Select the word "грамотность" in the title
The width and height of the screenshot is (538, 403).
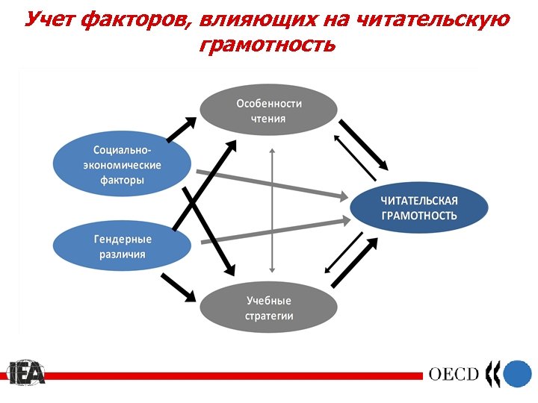pos(268,46)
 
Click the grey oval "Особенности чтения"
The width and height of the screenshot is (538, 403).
pos(269,110)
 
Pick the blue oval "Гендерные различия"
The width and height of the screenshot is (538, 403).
pos(122,247)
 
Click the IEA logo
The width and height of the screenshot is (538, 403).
pos(27,372)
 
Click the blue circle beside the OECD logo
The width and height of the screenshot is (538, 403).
pos(516,373)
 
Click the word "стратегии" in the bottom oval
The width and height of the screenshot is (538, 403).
pos(269,316)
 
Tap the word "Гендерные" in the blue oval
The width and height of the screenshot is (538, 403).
pos(123,240)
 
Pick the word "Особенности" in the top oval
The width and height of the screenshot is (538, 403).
pos(269,103)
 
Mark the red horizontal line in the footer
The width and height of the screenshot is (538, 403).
pos(224,375)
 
